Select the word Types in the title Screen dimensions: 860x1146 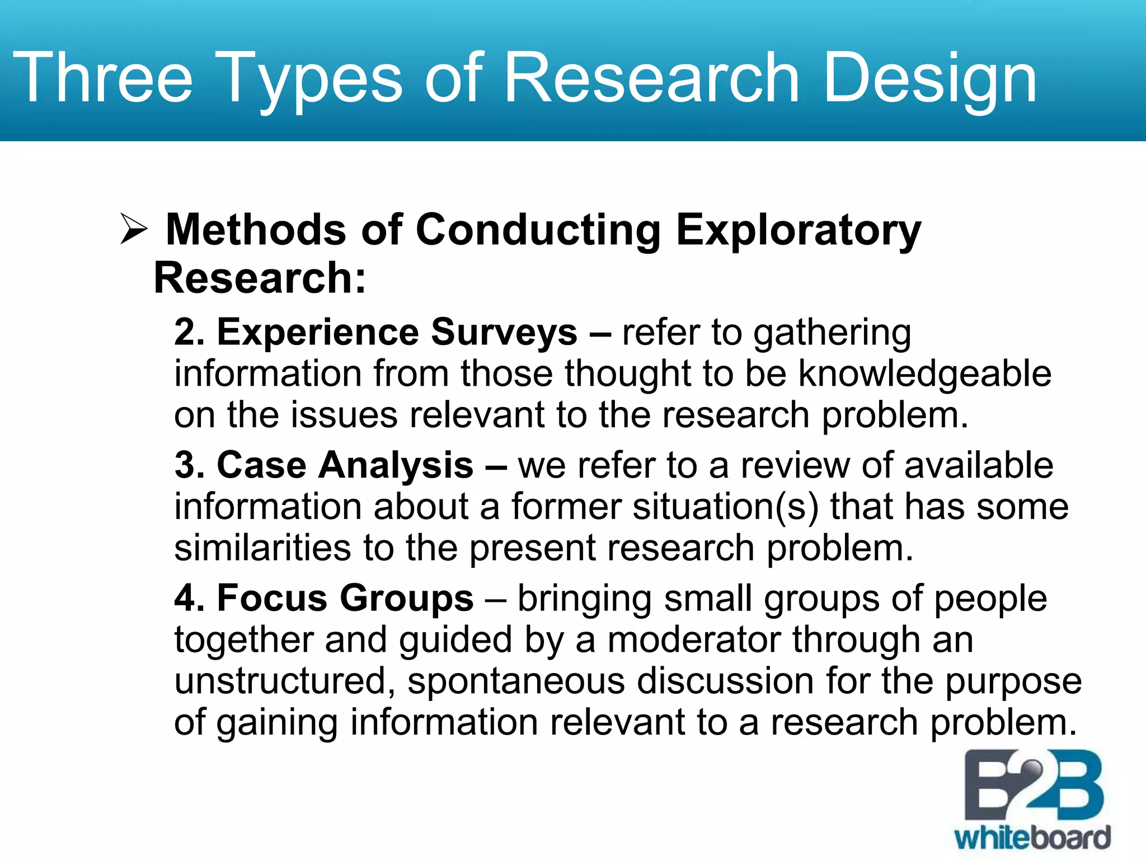pos(313,78)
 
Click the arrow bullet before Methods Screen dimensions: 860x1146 pos(134,230)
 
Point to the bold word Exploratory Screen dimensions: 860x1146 pos(798,230)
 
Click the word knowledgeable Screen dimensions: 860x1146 pos(924,374)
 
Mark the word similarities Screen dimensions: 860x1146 pos(262,548)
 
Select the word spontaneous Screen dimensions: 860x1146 pos(516,682)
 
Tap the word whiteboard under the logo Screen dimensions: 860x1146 pos(1032,838)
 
